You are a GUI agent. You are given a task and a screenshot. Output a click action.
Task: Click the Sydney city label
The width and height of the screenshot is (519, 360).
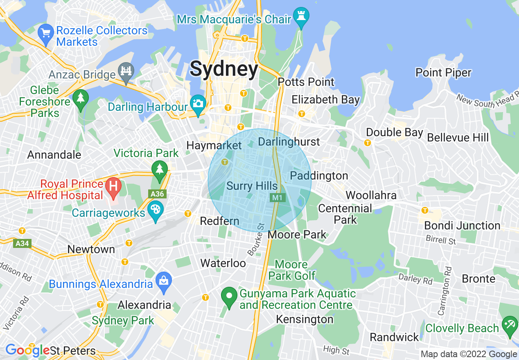click(x=224, y=69)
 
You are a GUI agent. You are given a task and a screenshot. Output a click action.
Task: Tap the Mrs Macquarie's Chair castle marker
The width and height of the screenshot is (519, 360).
click(x=302, y=17)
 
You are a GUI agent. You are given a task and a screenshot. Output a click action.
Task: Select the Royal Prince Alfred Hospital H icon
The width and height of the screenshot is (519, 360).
click(x=113, y=187)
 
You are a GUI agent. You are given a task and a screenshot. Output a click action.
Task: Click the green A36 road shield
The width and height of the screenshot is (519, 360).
click(x=157, y=193)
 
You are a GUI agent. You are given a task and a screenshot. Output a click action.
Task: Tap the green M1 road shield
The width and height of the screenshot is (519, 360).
click(x=278, y=198)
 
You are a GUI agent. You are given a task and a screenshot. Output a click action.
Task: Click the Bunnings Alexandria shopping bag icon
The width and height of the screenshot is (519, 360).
click(x=164, y=282)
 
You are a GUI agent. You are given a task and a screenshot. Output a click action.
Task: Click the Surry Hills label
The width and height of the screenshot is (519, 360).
click(x=252, y=186)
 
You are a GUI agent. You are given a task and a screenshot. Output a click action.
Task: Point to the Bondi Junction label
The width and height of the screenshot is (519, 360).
click(x=462, y=225)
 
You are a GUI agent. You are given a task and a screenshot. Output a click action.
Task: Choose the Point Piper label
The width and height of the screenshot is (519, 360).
click(x=443, y=73)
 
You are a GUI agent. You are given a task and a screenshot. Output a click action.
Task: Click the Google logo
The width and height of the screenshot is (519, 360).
click(x=27, y=350)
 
